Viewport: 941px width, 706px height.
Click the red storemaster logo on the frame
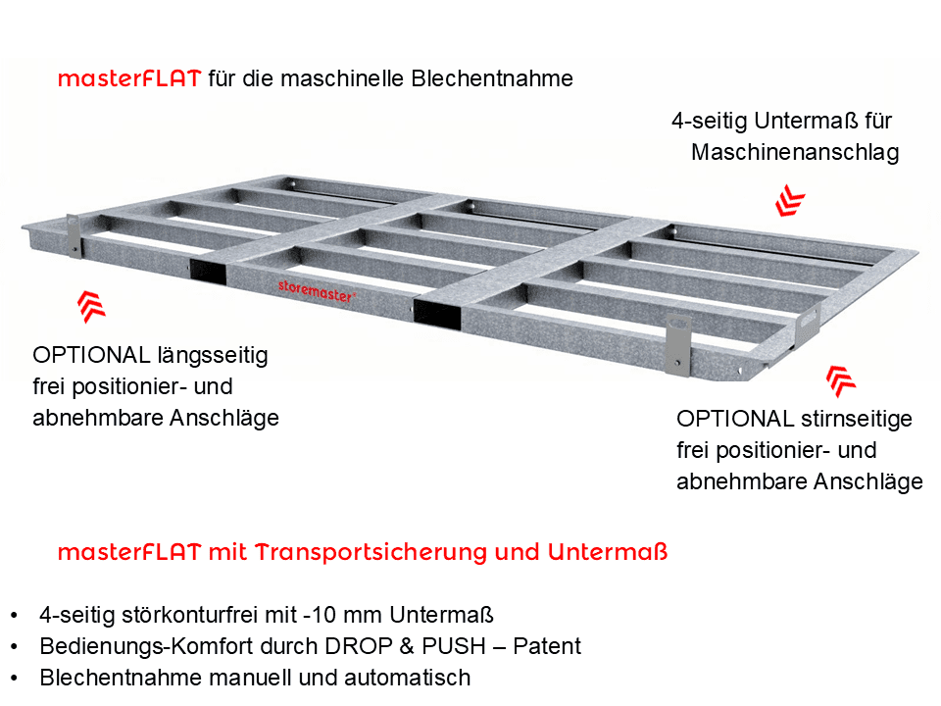(x=317, y=287)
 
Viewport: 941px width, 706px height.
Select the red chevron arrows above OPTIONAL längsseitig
(x=92, y=307)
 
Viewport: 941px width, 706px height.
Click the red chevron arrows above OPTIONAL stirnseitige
(x=840, y=380)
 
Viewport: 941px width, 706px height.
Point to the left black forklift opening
(x=207, y=274)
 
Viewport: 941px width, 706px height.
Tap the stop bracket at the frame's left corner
(x=72, y=234)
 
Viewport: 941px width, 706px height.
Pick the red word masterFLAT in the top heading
(x=129, y=79)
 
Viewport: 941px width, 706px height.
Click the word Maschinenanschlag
(x=795, y=153)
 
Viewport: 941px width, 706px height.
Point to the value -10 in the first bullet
(x=317, y=615)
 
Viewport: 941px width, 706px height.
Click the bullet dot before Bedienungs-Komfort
(x=14, y=647)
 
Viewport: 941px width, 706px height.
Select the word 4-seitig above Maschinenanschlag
(x=710, y=122)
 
